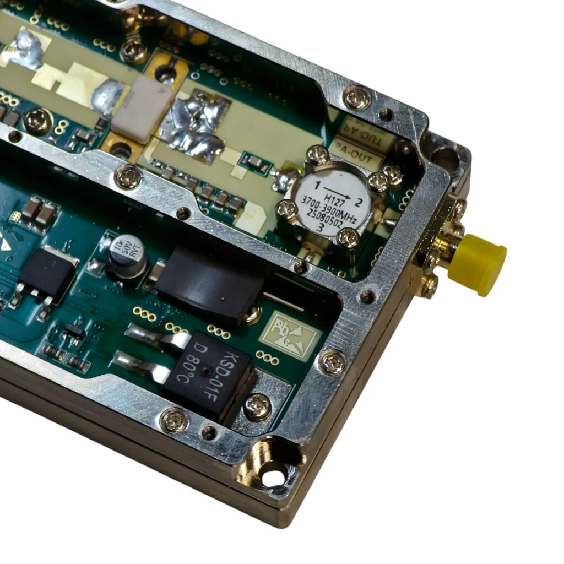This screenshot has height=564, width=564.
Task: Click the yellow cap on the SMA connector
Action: pos(478,264)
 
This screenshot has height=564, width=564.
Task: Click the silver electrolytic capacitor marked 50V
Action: pos(127,254)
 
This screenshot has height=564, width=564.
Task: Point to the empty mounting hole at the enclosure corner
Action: pos(274,477)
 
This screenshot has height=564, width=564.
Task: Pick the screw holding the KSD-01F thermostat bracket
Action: pos(257,407)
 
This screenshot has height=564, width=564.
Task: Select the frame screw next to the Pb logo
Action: pos(332,362)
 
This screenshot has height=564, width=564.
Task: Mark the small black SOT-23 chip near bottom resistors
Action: pos(74,331)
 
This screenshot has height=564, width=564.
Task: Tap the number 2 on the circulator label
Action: pos(359,202)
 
